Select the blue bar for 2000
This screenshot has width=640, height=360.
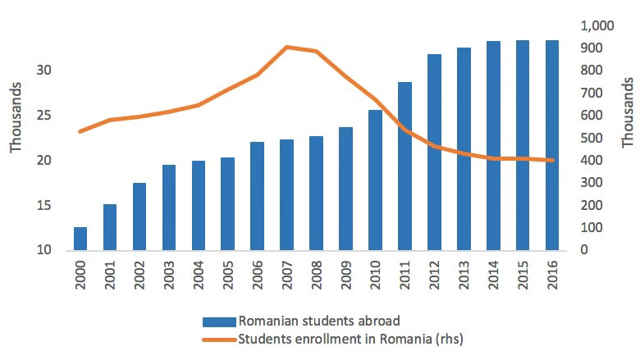[x=80, y=239]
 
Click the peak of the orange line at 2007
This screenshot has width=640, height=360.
[x=287, y=47]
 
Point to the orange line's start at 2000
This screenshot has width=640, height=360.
[x=80, y=131]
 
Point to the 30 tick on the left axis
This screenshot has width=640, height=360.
[x=43, y=71]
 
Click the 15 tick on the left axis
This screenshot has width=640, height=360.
[x=43, y=205]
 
